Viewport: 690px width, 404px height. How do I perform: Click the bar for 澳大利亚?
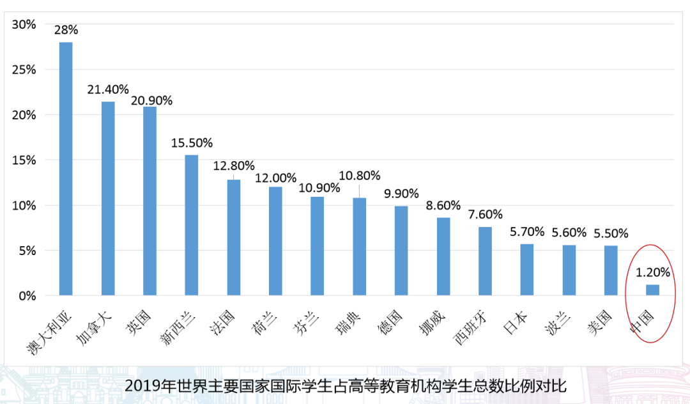66,169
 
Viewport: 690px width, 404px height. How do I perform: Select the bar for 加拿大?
108,198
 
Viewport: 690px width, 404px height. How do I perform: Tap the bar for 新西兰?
192,225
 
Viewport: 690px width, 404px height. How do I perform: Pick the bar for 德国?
401,251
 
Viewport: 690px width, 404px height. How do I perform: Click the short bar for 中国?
652,290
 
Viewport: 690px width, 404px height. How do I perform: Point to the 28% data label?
66,30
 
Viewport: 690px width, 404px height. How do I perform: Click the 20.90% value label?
151,101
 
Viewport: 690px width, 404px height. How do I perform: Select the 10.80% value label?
360,176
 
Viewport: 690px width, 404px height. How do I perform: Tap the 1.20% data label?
652,272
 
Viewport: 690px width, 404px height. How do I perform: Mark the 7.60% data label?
485,214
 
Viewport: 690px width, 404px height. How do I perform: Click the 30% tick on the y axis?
24,25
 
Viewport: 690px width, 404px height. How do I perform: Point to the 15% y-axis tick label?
24,160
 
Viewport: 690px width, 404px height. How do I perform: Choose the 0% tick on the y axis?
27,296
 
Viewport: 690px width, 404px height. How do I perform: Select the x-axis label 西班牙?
470,329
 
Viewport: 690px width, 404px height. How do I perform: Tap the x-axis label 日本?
515,323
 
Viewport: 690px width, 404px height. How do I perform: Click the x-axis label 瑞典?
348,323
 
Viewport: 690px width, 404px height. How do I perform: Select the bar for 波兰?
569,270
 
